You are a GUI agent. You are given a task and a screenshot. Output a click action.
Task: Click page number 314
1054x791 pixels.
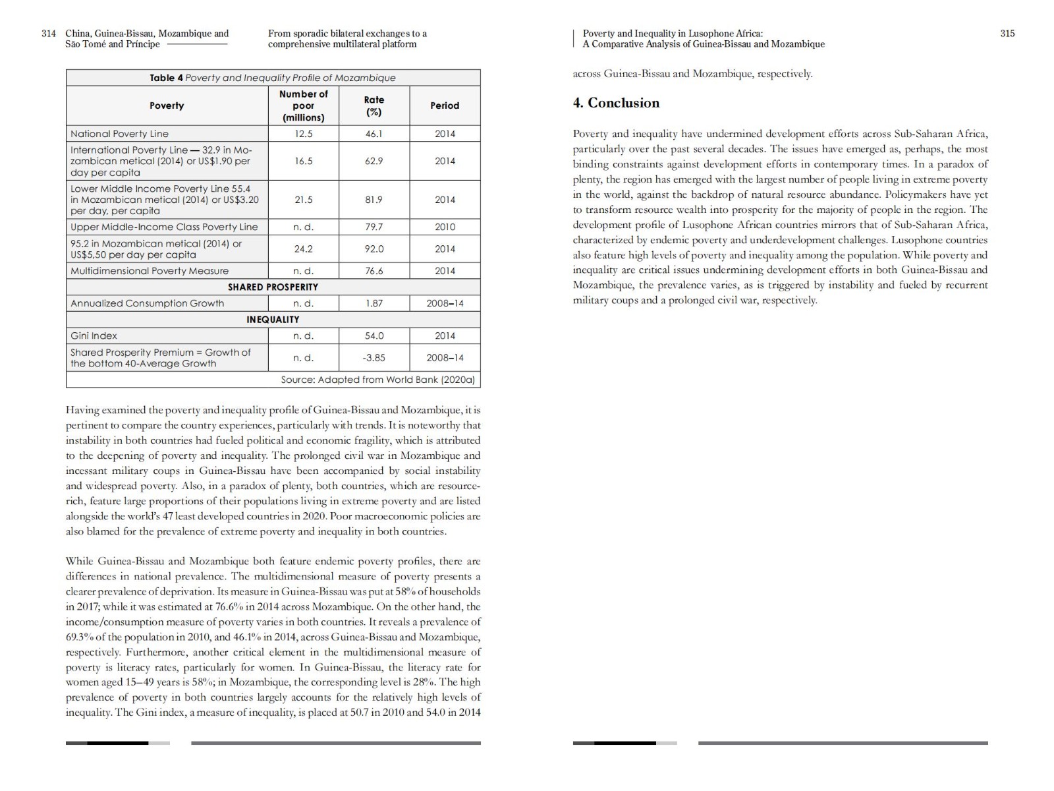49,34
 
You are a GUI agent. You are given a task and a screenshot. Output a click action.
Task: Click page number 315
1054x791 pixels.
1007,34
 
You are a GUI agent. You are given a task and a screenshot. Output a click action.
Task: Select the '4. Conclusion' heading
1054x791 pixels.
617,103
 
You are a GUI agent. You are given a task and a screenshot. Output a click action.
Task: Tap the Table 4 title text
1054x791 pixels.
273,78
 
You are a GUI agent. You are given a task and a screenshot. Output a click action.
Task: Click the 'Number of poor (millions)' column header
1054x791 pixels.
303,105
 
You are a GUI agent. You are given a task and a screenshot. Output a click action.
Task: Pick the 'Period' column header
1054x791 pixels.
445,105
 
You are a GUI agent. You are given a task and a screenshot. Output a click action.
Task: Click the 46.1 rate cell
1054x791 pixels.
374,134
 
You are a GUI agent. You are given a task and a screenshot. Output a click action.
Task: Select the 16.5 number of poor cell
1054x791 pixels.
303,161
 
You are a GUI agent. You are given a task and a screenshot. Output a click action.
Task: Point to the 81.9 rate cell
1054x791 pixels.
374,200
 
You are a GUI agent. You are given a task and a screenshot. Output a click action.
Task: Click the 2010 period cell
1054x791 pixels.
445,227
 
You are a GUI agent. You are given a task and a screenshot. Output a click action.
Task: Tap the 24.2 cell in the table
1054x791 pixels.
303,249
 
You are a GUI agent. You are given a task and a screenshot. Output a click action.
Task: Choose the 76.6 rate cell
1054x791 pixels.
374,271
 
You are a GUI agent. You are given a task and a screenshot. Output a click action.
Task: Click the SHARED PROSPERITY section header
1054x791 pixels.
273,287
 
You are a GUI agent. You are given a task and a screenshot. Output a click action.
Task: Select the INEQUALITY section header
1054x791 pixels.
273,320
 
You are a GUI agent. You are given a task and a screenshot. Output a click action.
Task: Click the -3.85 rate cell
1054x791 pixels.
374,358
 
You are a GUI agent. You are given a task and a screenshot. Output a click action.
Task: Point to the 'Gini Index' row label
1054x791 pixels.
94,336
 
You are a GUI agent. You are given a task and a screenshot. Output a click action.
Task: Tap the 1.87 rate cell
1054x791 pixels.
374,303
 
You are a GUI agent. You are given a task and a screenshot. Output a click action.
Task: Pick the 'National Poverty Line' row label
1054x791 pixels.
120,134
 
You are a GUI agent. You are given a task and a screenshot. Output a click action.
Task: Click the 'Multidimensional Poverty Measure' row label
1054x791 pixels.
150,271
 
